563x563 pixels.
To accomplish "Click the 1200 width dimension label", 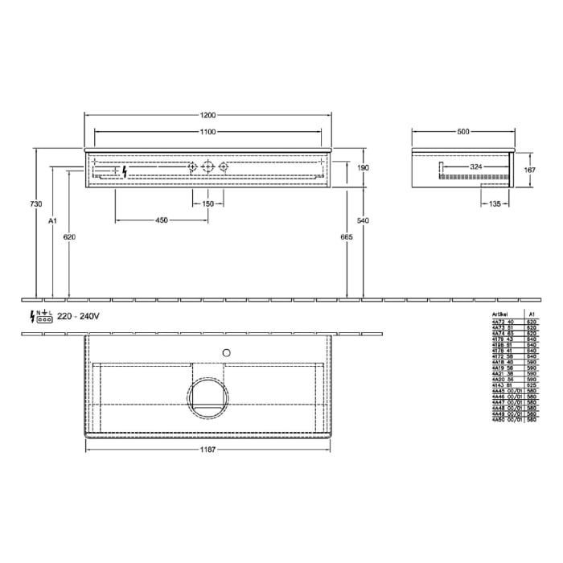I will [x=209, y=113].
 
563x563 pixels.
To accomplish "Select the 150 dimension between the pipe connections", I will [x=208, y=204].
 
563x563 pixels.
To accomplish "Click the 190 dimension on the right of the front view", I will [x=363, y=167].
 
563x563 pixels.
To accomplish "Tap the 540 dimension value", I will [x=363, y=219].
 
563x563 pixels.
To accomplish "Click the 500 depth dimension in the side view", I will [x=464, y=132].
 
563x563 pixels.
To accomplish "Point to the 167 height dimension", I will [x=529, y=170].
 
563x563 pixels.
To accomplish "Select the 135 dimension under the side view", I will [x=494, y=204].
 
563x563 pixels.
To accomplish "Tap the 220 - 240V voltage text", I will [x=79, y=316].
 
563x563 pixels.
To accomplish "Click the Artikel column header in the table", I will [x=501, y=314].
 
